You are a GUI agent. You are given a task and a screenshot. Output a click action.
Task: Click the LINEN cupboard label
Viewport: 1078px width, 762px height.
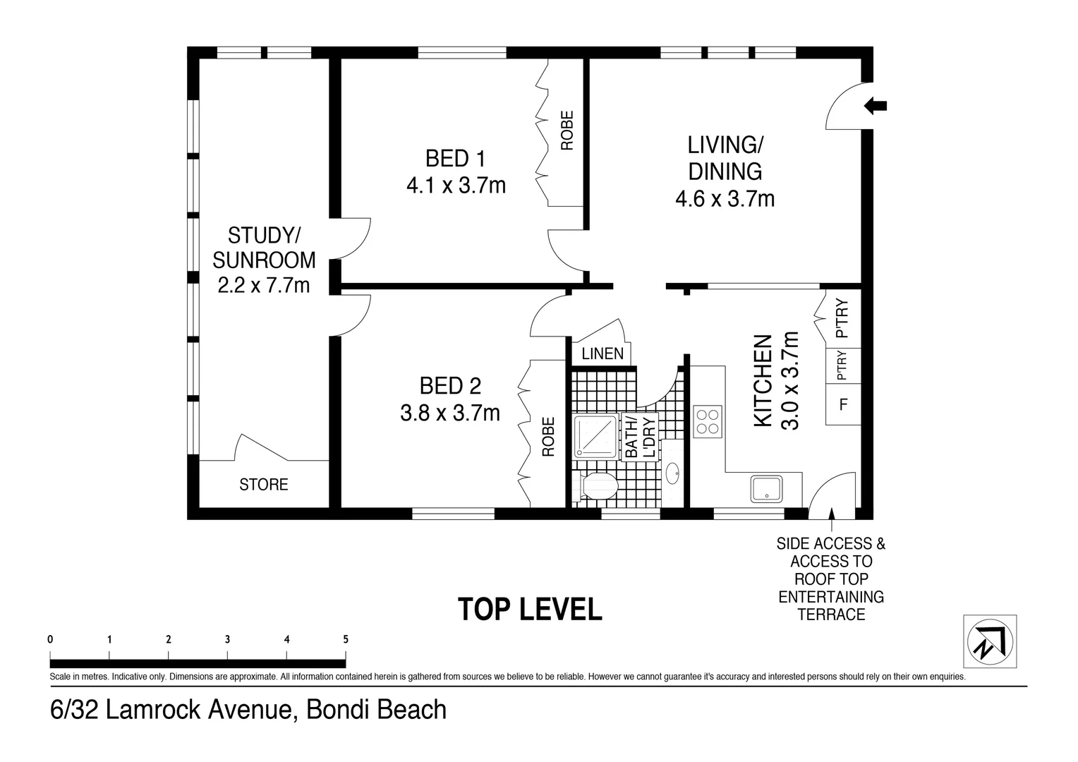point(602,353)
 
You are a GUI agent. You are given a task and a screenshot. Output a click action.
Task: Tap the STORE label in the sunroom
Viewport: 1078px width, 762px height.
point(264,484)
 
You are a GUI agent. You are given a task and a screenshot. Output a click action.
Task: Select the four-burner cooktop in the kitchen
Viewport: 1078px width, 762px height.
point(708,422)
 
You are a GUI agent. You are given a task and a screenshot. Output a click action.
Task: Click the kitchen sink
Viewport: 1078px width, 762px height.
point(766,489)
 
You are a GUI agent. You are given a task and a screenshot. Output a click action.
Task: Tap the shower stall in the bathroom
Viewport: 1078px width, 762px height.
point(595,436)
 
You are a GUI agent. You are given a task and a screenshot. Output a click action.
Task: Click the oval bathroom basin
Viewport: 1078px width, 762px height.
point(672,473)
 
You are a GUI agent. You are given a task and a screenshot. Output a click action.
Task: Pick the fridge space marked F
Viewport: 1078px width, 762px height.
point(843,404)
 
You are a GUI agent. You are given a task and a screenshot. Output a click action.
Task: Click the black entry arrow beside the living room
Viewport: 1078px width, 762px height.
point(876,106)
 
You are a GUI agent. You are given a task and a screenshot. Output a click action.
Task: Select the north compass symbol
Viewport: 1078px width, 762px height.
point(990,641)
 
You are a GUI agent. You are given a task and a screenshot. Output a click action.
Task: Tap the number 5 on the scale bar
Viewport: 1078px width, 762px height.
point(346,639)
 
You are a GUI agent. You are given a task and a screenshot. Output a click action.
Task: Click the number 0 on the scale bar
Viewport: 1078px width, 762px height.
point(50,639)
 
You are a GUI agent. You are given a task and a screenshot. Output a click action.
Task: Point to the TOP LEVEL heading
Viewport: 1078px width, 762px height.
point(530,609)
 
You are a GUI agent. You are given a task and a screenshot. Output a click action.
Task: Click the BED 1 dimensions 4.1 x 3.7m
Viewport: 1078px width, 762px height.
point(456,186)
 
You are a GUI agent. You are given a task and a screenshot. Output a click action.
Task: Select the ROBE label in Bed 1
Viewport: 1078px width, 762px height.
point(567,131)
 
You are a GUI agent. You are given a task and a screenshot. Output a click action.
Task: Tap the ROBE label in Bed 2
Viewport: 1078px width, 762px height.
point(549,437)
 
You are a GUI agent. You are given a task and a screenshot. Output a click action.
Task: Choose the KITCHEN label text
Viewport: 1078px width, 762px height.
point(763,381)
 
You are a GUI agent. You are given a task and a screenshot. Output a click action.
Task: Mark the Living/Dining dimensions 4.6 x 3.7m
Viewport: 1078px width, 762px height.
point(725,199)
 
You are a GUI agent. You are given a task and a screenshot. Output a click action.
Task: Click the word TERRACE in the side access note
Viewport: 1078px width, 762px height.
point(831,615)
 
